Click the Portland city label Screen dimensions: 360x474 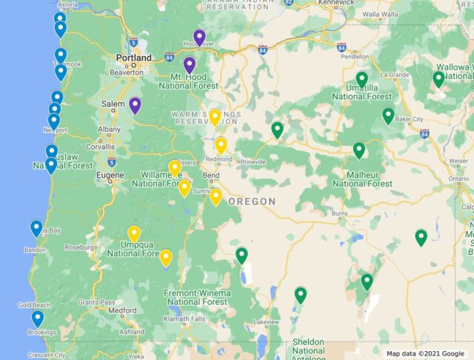pos(133,57)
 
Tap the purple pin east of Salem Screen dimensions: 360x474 pos(135,104)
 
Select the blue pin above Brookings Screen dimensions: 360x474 pos(37,318)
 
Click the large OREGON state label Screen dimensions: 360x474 pos(252,201)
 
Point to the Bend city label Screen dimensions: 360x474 pos(211,176)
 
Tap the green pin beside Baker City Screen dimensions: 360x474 pos(388,115)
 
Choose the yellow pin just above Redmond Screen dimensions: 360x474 pos(221,144)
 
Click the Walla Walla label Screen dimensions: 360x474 pos(381,34)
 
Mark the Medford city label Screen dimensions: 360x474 pos(121,310)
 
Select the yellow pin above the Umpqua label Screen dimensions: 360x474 pos(134,233)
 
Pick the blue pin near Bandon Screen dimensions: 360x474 pos(36,228)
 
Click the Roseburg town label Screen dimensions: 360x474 pos(81,247)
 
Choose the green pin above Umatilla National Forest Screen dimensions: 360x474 pos(362,79)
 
